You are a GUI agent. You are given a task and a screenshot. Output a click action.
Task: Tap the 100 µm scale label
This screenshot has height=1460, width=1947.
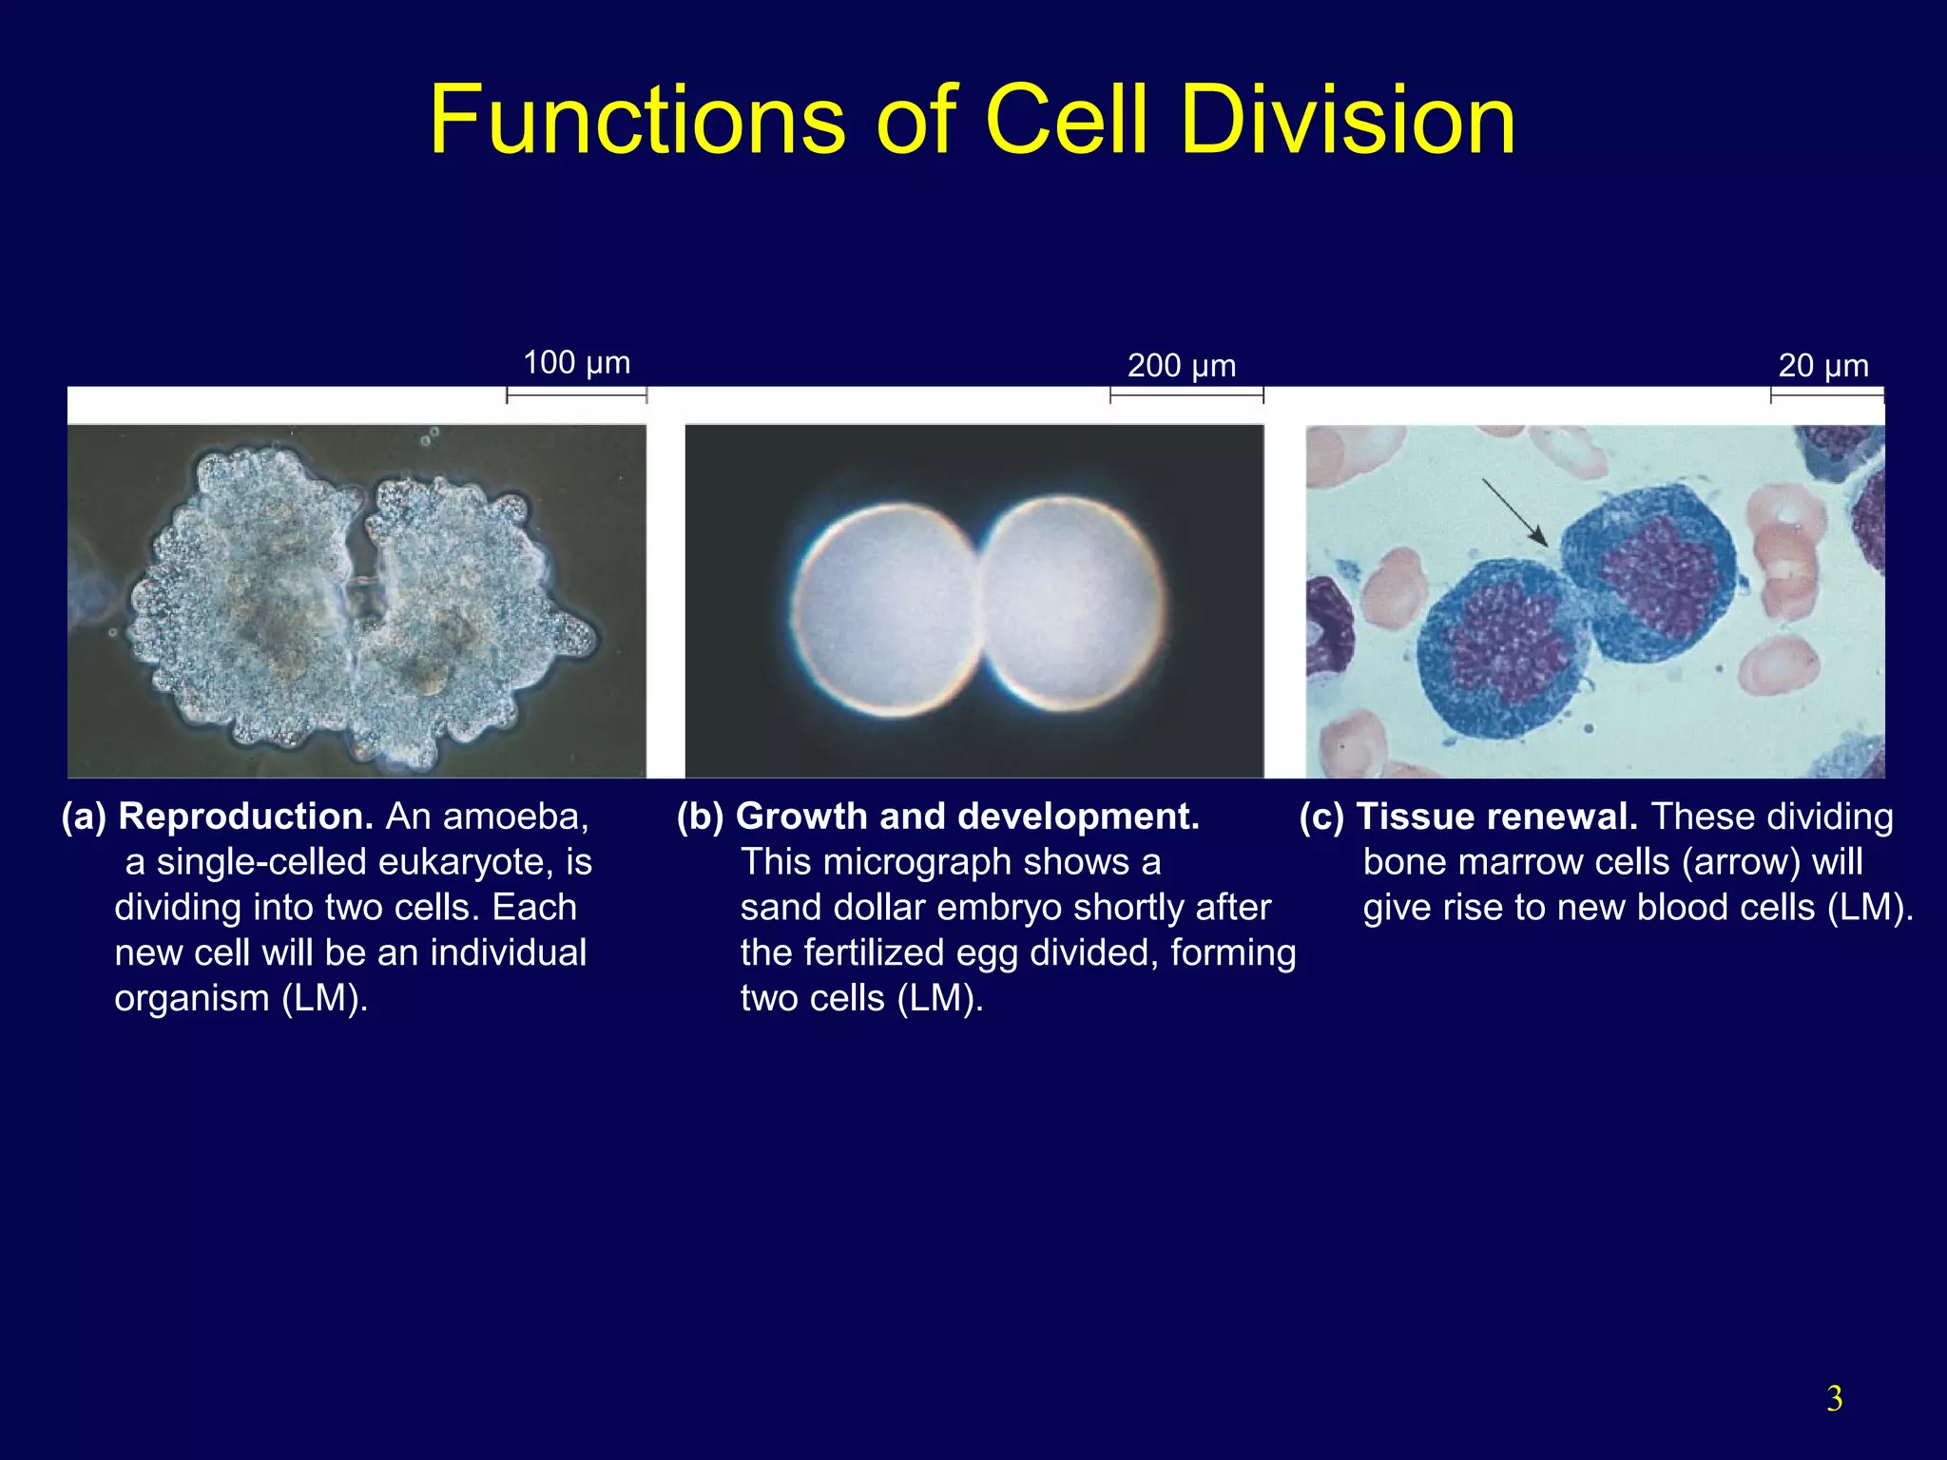pos(576,362)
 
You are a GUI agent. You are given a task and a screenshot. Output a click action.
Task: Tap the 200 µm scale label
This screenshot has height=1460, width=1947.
pos(1182,365)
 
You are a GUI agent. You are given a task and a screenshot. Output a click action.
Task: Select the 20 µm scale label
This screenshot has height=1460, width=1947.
pos(1822,365)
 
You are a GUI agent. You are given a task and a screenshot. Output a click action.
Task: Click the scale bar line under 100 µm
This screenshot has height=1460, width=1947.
pos(576,394)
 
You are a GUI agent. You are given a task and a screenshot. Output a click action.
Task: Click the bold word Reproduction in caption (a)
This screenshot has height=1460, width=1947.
pos(245,816)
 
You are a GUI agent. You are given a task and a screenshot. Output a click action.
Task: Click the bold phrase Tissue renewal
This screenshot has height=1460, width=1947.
pos(1496,816)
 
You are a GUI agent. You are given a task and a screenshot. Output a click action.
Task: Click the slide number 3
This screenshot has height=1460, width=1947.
pos(1834,1398)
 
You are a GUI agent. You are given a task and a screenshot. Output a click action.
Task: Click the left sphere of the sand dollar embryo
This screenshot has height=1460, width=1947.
pos(884,608)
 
